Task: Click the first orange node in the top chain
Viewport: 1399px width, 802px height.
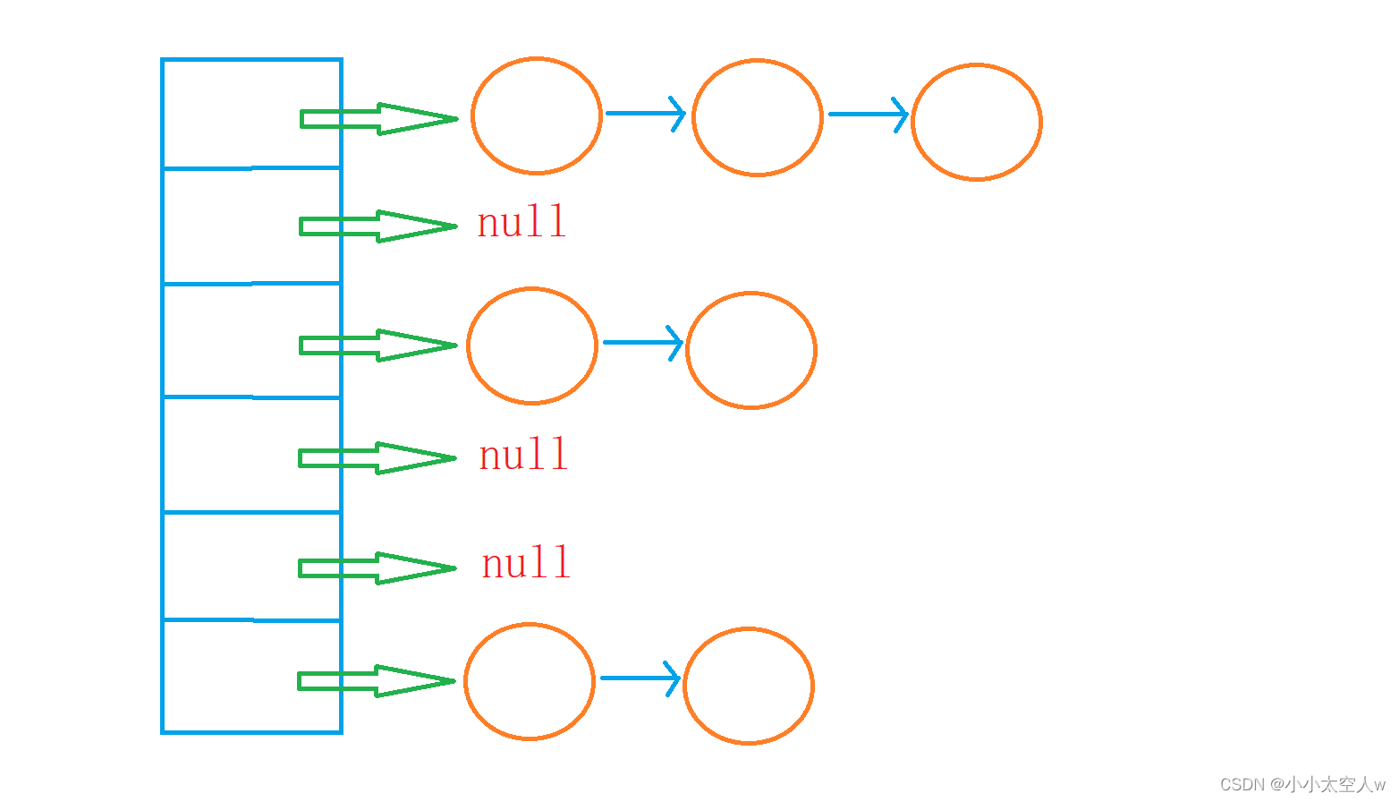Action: click(536, 115)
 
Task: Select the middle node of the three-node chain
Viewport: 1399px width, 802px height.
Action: click(757, 117)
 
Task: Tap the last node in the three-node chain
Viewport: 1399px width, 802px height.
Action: click(976, 122)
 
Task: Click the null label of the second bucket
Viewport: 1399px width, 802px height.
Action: click(521, 222)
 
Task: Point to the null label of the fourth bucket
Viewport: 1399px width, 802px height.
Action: click(523, 455)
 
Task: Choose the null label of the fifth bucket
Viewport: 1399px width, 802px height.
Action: click(526, 563)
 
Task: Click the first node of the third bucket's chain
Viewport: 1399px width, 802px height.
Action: click(531, 346)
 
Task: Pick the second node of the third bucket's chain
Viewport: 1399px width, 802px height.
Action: click(750, 350)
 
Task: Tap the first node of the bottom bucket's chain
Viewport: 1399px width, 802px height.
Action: click(529, 681)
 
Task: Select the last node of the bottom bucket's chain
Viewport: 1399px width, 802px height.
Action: click(748, 686)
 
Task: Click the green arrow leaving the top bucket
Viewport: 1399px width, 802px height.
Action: click(378, 118)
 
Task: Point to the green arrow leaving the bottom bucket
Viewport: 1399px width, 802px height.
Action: click(376, 681)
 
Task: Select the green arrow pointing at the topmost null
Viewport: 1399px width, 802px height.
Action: click(377, 226)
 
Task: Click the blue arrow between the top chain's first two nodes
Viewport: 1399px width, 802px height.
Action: click(645, 114)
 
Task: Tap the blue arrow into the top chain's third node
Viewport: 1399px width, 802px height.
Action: click(868, 115)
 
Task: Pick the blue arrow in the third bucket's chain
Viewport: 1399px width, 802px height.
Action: click(642, 342)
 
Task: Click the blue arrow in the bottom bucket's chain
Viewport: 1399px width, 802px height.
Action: click(640, 678)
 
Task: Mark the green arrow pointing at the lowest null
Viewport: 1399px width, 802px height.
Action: click(377, 568)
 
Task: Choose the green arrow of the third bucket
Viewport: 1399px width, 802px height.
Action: click(377, 346)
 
